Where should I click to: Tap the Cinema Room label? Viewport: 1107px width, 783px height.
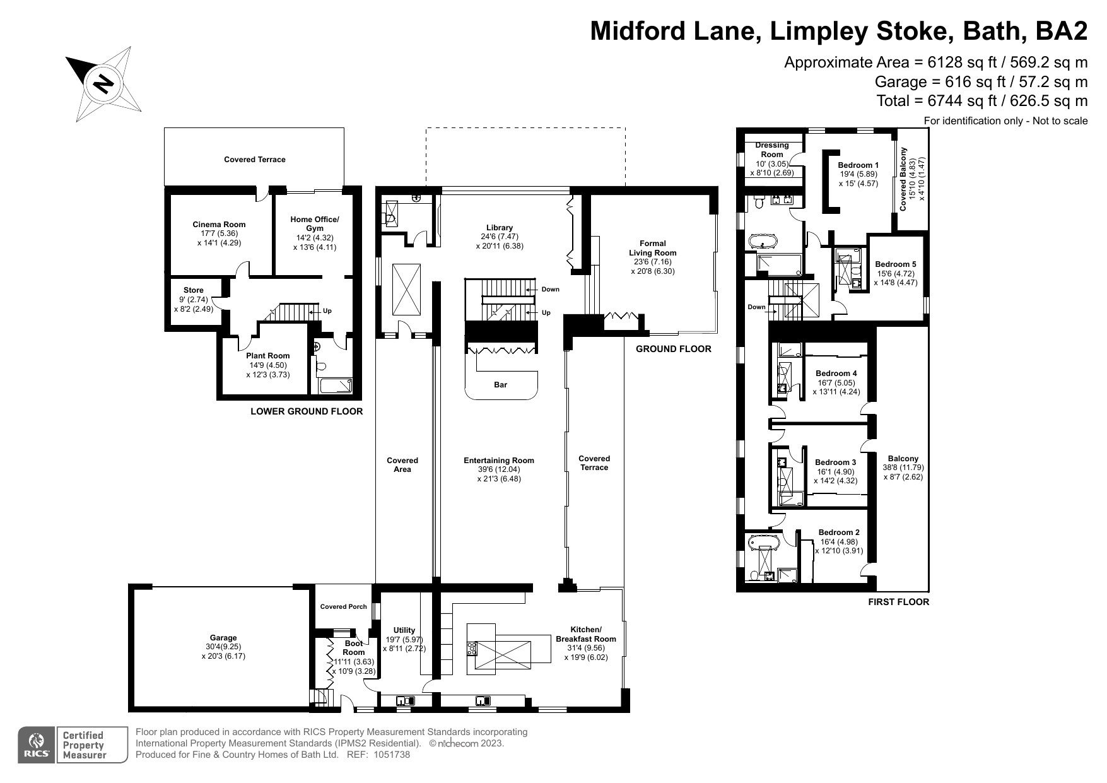point(219,224)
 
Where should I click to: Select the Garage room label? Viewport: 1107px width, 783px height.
point(223,638)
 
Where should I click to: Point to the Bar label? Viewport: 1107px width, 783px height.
point(501,384)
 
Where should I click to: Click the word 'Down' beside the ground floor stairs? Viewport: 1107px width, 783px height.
point(550,290)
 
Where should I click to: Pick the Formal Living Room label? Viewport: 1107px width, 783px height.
point(653,248)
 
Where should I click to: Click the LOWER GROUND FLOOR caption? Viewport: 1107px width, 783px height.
point(307,411)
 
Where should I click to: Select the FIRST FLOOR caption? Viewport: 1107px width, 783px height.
point(898,602)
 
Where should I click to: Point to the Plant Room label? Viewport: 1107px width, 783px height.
point(267,356)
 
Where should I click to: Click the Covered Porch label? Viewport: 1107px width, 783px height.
point(343,607)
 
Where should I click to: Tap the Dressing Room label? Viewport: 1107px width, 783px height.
point(771,150)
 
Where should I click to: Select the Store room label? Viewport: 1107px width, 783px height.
point(194,290)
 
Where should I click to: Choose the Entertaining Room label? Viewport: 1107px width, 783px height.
point(499,461)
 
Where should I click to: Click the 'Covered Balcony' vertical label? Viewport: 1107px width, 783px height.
point(903,179)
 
